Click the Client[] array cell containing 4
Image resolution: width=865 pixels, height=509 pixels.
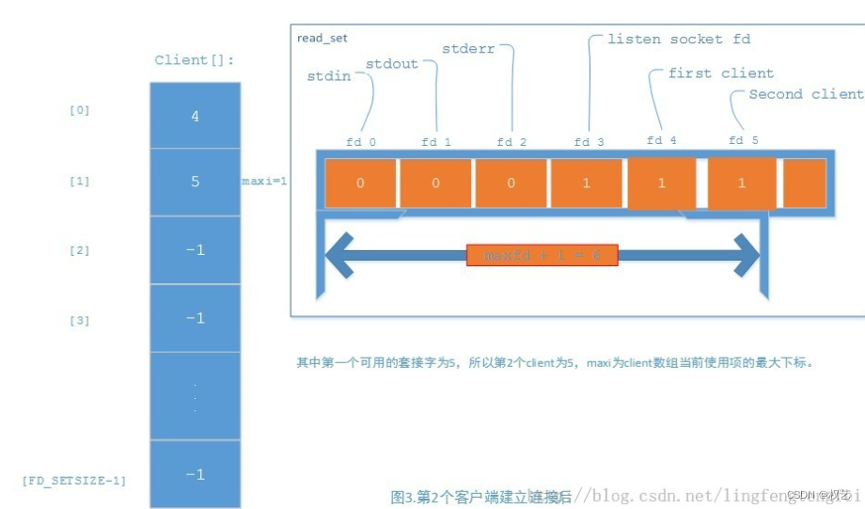click(195, 117)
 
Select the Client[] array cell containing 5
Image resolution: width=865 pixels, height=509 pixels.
click(195, 182)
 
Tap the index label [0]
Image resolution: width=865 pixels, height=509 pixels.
click(80, 110)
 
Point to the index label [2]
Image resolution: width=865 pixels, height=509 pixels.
click(80, 250)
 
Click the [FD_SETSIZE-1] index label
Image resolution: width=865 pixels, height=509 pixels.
click(74, 480)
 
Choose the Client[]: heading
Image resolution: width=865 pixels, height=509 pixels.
click(195, 60)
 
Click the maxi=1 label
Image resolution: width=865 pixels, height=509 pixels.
click(264, 181)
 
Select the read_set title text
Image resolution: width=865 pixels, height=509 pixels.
click(322, 38)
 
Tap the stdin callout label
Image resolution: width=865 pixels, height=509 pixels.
click(329, 75)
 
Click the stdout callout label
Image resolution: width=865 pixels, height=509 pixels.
click(391, 64)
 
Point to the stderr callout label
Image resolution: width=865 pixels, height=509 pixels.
click(467, 48)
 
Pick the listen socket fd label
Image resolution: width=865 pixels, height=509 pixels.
click(679, 39)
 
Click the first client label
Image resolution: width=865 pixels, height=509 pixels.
click(721, 73)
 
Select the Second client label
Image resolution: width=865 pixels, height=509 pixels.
click(805, 94)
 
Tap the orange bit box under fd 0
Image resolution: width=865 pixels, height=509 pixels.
click(360, 183)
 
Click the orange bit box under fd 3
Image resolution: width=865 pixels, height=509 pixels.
click(586, 183)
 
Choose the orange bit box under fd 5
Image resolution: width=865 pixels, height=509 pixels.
click(741, 183)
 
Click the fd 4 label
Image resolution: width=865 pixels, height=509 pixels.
click(661, 141)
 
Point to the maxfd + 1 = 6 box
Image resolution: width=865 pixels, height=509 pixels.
click(542, 255)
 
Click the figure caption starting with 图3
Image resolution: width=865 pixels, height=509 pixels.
click(480, 496)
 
